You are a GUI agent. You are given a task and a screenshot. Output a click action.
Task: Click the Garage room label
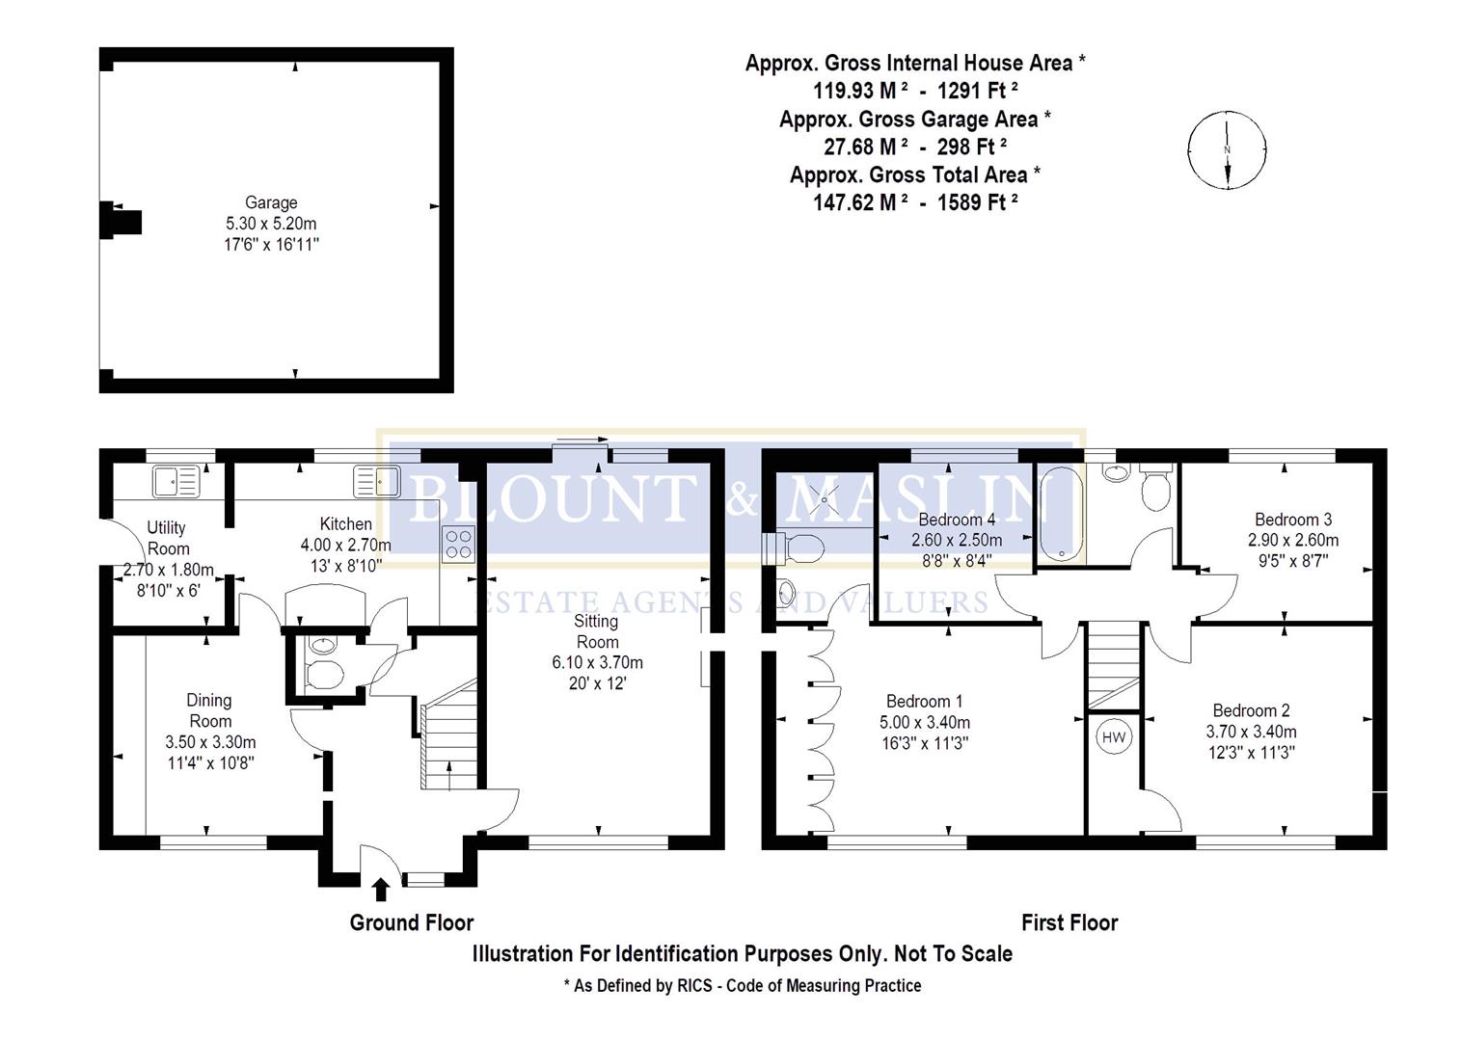[x=270, y=202]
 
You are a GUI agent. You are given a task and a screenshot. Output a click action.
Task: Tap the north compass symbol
[x=1227, y=150]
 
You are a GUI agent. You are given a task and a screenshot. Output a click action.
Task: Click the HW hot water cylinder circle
[x=1114, y=738]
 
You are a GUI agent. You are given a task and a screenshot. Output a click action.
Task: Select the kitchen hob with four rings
[x=458, y=545]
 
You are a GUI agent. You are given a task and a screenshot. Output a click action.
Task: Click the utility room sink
[x=175, y=480]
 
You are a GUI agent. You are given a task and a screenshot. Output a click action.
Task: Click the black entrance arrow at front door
[x=381, y=889]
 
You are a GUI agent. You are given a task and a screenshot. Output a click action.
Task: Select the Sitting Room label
[x=597, y=631]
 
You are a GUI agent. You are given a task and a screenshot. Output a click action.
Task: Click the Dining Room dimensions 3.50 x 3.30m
[x=209, y=742]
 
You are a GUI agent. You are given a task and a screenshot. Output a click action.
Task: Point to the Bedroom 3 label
[x=1293, y=520]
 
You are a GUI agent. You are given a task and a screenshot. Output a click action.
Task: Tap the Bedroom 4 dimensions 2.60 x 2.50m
[x=957, y=540]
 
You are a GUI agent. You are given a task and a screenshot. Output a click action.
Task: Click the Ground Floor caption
[x=411, y=922]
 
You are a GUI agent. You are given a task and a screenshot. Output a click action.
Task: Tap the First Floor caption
[x=1069, y=922]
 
